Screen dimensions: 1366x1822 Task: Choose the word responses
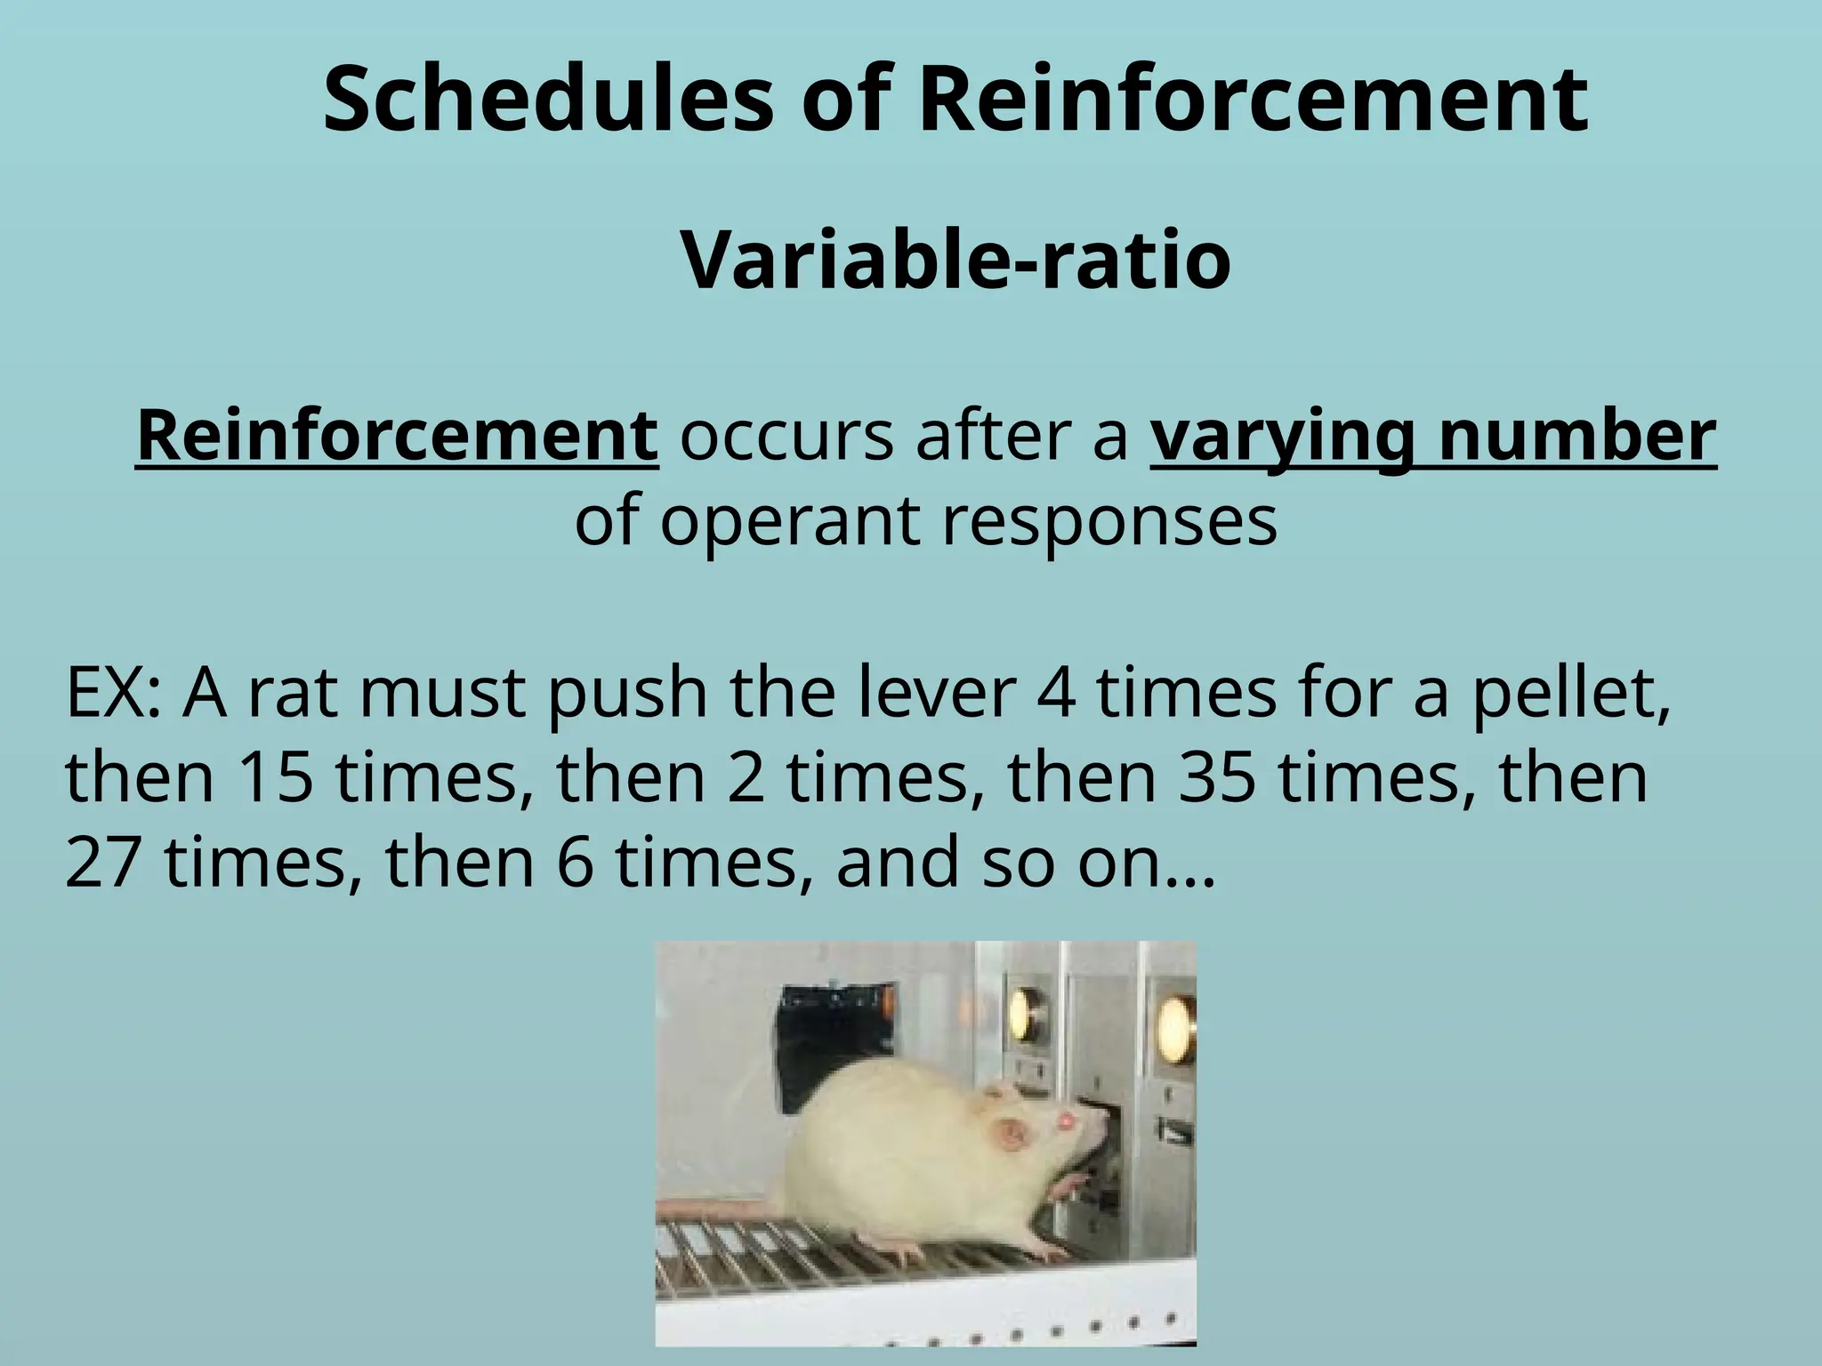click(1109, 522)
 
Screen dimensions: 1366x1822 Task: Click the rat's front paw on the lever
click(1069, 1187)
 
